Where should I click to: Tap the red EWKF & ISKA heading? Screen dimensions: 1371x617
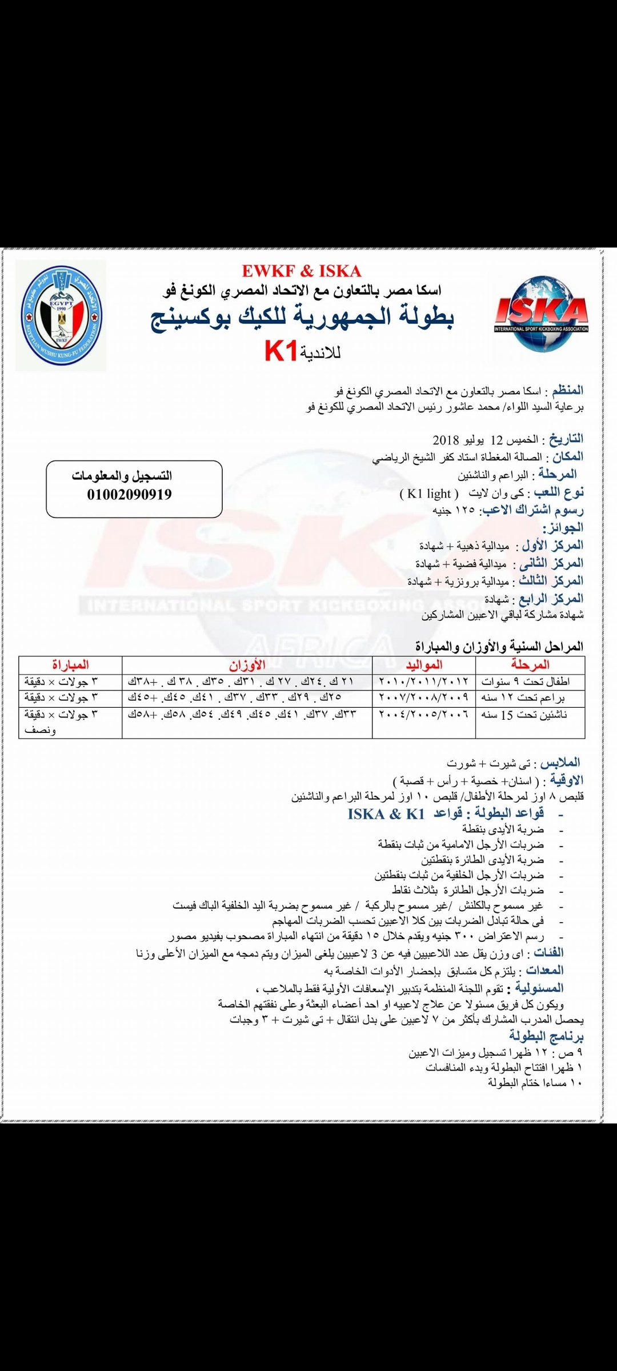click(301, 271)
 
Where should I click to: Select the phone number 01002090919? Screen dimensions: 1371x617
click(129, 495)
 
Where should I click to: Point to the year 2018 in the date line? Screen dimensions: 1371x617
click(446, 440)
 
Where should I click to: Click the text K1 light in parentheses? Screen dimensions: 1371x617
click(429, 494)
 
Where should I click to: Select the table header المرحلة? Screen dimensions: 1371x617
click(530, 665)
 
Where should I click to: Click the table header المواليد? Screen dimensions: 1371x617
click(424, 665)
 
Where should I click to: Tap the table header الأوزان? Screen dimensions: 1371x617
click(247, 665)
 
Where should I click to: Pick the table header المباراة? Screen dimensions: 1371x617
click(70, 665)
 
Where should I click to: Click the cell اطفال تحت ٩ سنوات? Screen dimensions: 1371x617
click(526, 682)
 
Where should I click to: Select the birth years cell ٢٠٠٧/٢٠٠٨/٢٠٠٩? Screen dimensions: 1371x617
click(424, 697)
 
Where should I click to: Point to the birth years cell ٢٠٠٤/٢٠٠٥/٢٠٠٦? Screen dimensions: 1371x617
click(424, 715)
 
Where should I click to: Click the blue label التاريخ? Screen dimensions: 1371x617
click(566, 439)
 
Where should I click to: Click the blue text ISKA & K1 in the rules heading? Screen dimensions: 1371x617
click(386, 814)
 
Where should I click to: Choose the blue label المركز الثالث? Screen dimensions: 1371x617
click(551, 581)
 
